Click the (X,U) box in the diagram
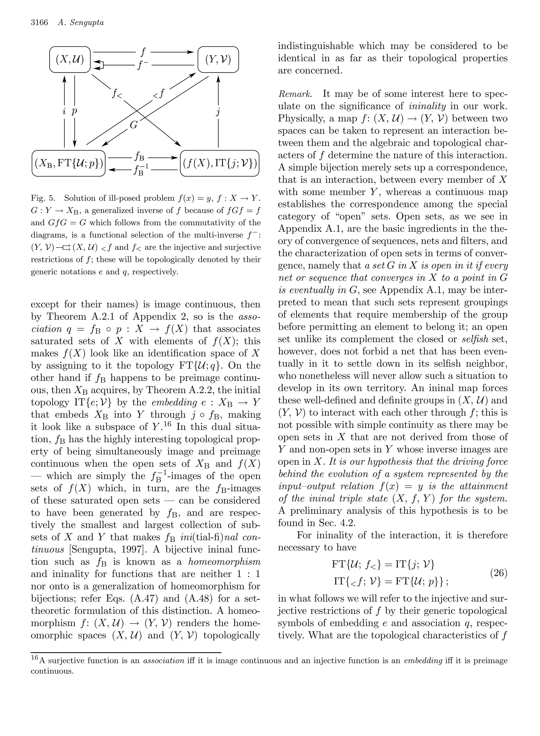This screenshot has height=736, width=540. point(70,60)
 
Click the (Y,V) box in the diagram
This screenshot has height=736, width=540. point(218,60)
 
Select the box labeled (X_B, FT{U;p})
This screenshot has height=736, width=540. point(69,163)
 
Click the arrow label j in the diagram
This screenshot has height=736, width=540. point(218,112)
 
